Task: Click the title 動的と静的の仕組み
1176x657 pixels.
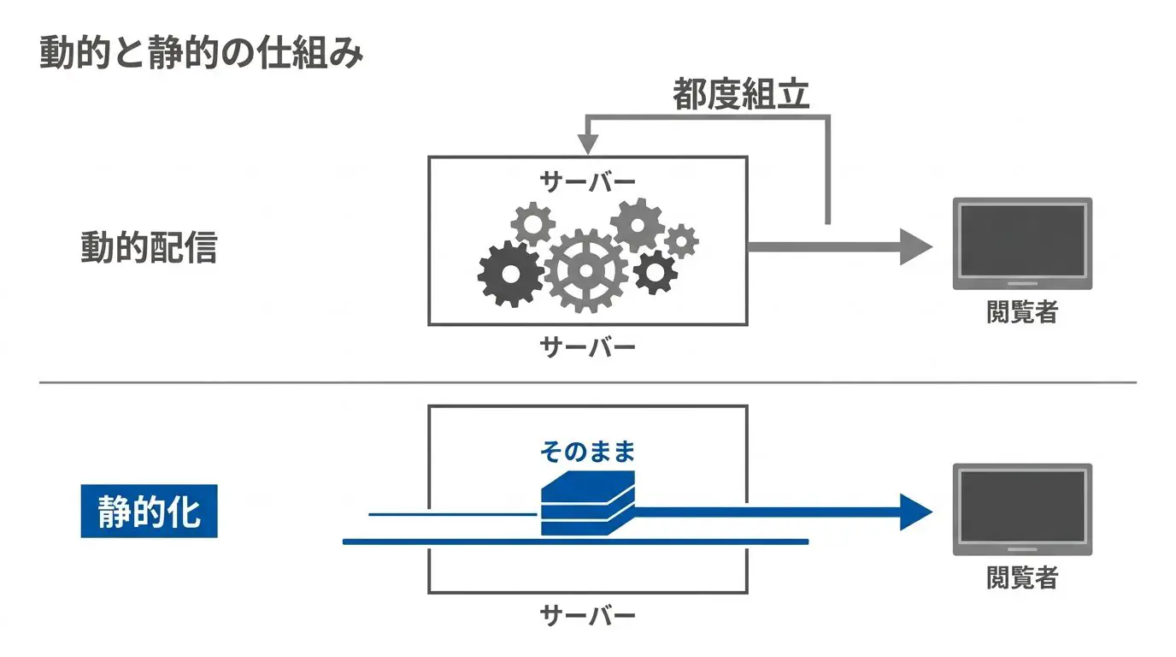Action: coord(201,52)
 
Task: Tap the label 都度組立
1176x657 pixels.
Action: coord(741,95)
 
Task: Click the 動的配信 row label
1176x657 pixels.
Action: coord(149,247)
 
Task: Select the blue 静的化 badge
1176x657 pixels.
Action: coord(149,511)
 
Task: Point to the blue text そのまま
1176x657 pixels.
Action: coord(587,452)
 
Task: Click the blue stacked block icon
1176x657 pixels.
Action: coord(587,503)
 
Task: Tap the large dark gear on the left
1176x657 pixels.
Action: coord(510,274)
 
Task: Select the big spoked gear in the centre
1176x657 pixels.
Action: coord(586,270)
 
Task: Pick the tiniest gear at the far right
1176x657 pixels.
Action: coord(681,241)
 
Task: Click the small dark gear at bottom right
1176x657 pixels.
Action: coord(655,272)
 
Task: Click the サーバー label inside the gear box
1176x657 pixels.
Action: coord(587,182)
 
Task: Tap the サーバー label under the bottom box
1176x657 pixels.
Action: coord(587,615)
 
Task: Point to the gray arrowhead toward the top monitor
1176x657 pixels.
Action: coord(916,246)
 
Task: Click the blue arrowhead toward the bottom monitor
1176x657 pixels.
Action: coord(916,512)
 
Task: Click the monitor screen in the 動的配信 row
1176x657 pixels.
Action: coord(1022,240)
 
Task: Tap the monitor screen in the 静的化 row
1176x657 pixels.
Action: coord(1022,506)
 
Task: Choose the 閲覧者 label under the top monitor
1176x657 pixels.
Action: coord(1022,311)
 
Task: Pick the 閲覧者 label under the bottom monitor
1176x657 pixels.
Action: coord(1022,577)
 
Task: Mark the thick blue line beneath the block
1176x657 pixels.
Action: coord(575,542)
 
